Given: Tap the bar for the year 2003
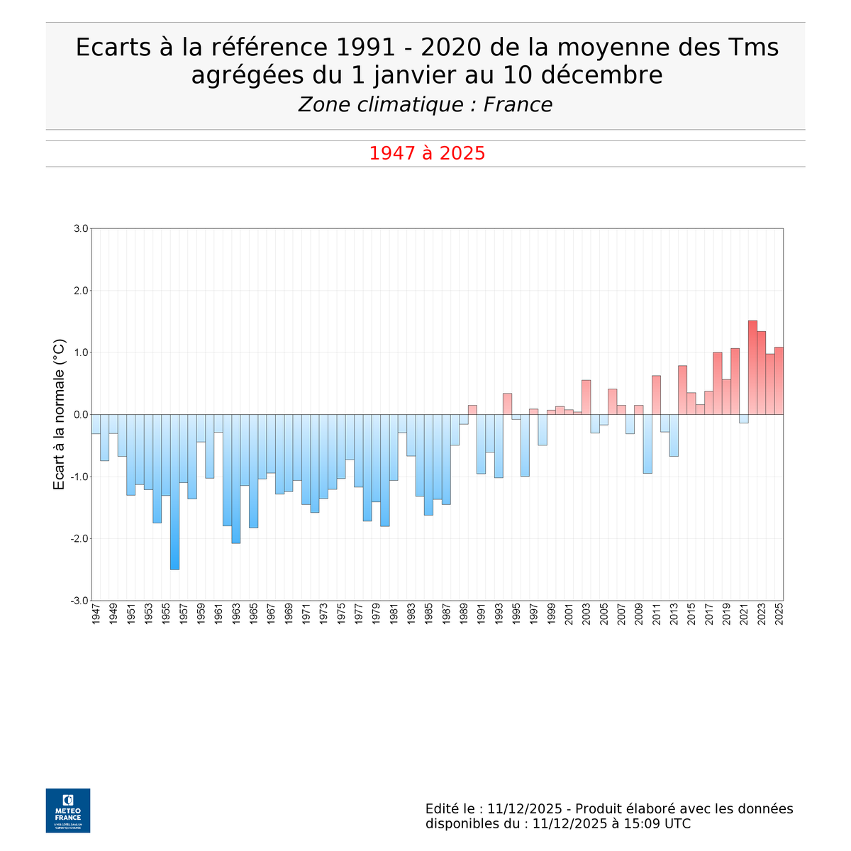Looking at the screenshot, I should (586, 397).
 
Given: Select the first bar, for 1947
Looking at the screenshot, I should (96, 424).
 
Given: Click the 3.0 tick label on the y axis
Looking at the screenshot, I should (80, 229).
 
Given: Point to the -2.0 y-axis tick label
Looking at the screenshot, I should (79, 539).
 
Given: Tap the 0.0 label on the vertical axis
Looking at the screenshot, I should (80, 415).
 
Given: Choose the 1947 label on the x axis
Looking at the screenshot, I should (96, 614).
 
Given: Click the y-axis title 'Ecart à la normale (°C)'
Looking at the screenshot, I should (60, 415).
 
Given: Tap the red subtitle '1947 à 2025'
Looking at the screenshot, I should (427, 153).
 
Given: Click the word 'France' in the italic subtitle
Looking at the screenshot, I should (518, 105).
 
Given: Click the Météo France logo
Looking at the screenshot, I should (68, 810).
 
